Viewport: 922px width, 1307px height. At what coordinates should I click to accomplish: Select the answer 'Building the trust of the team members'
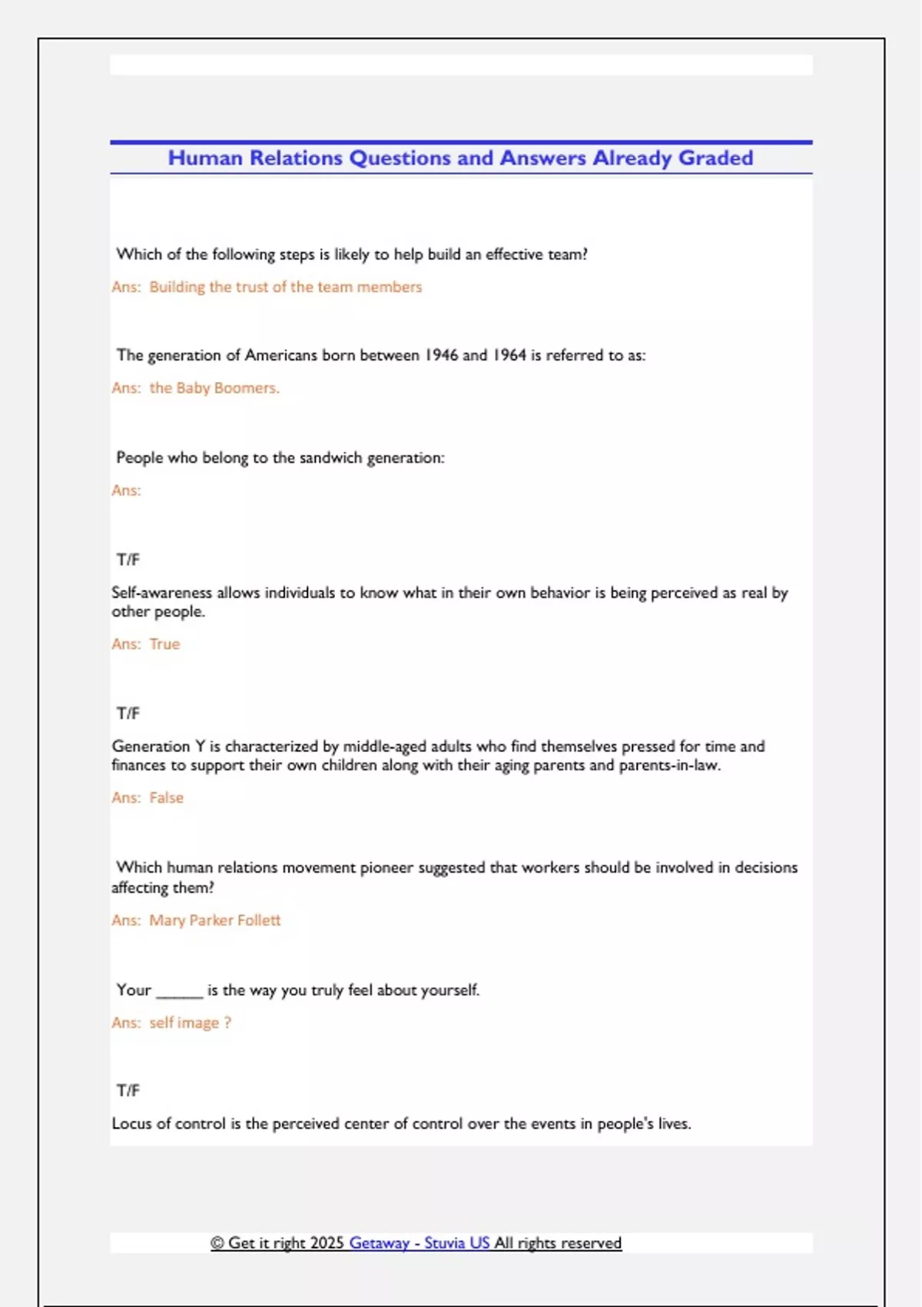[x=285, y=287]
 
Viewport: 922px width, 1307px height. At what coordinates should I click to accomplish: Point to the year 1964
[x=509, y=355]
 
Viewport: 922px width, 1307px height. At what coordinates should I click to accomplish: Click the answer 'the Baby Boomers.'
[x=214, y=388]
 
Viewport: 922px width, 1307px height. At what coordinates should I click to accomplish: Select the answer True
[x=164, y=644]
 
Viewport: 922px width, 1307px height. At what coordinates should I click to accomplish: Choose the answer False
[x=167, y=798]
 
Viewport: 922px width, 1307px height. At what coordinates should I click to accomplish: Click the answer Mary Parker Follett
[x=215, y=920]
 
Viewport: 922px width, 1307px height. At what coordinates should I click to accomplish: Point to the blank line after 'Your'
[x=180, y=992]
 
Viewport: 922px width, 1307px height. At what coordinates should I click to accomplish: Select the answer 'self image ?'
[x=190, y=1023]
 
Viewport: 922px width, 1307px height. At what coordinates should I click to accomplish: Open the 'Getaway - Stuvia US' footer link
[x=419, y=1243]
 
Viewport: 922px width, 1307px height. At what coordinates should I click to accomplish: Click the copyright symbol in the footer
[x=217, y=1243]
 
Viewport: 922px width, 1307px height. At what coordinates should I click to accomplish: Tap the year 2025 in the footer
[x=327, y=1243]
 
